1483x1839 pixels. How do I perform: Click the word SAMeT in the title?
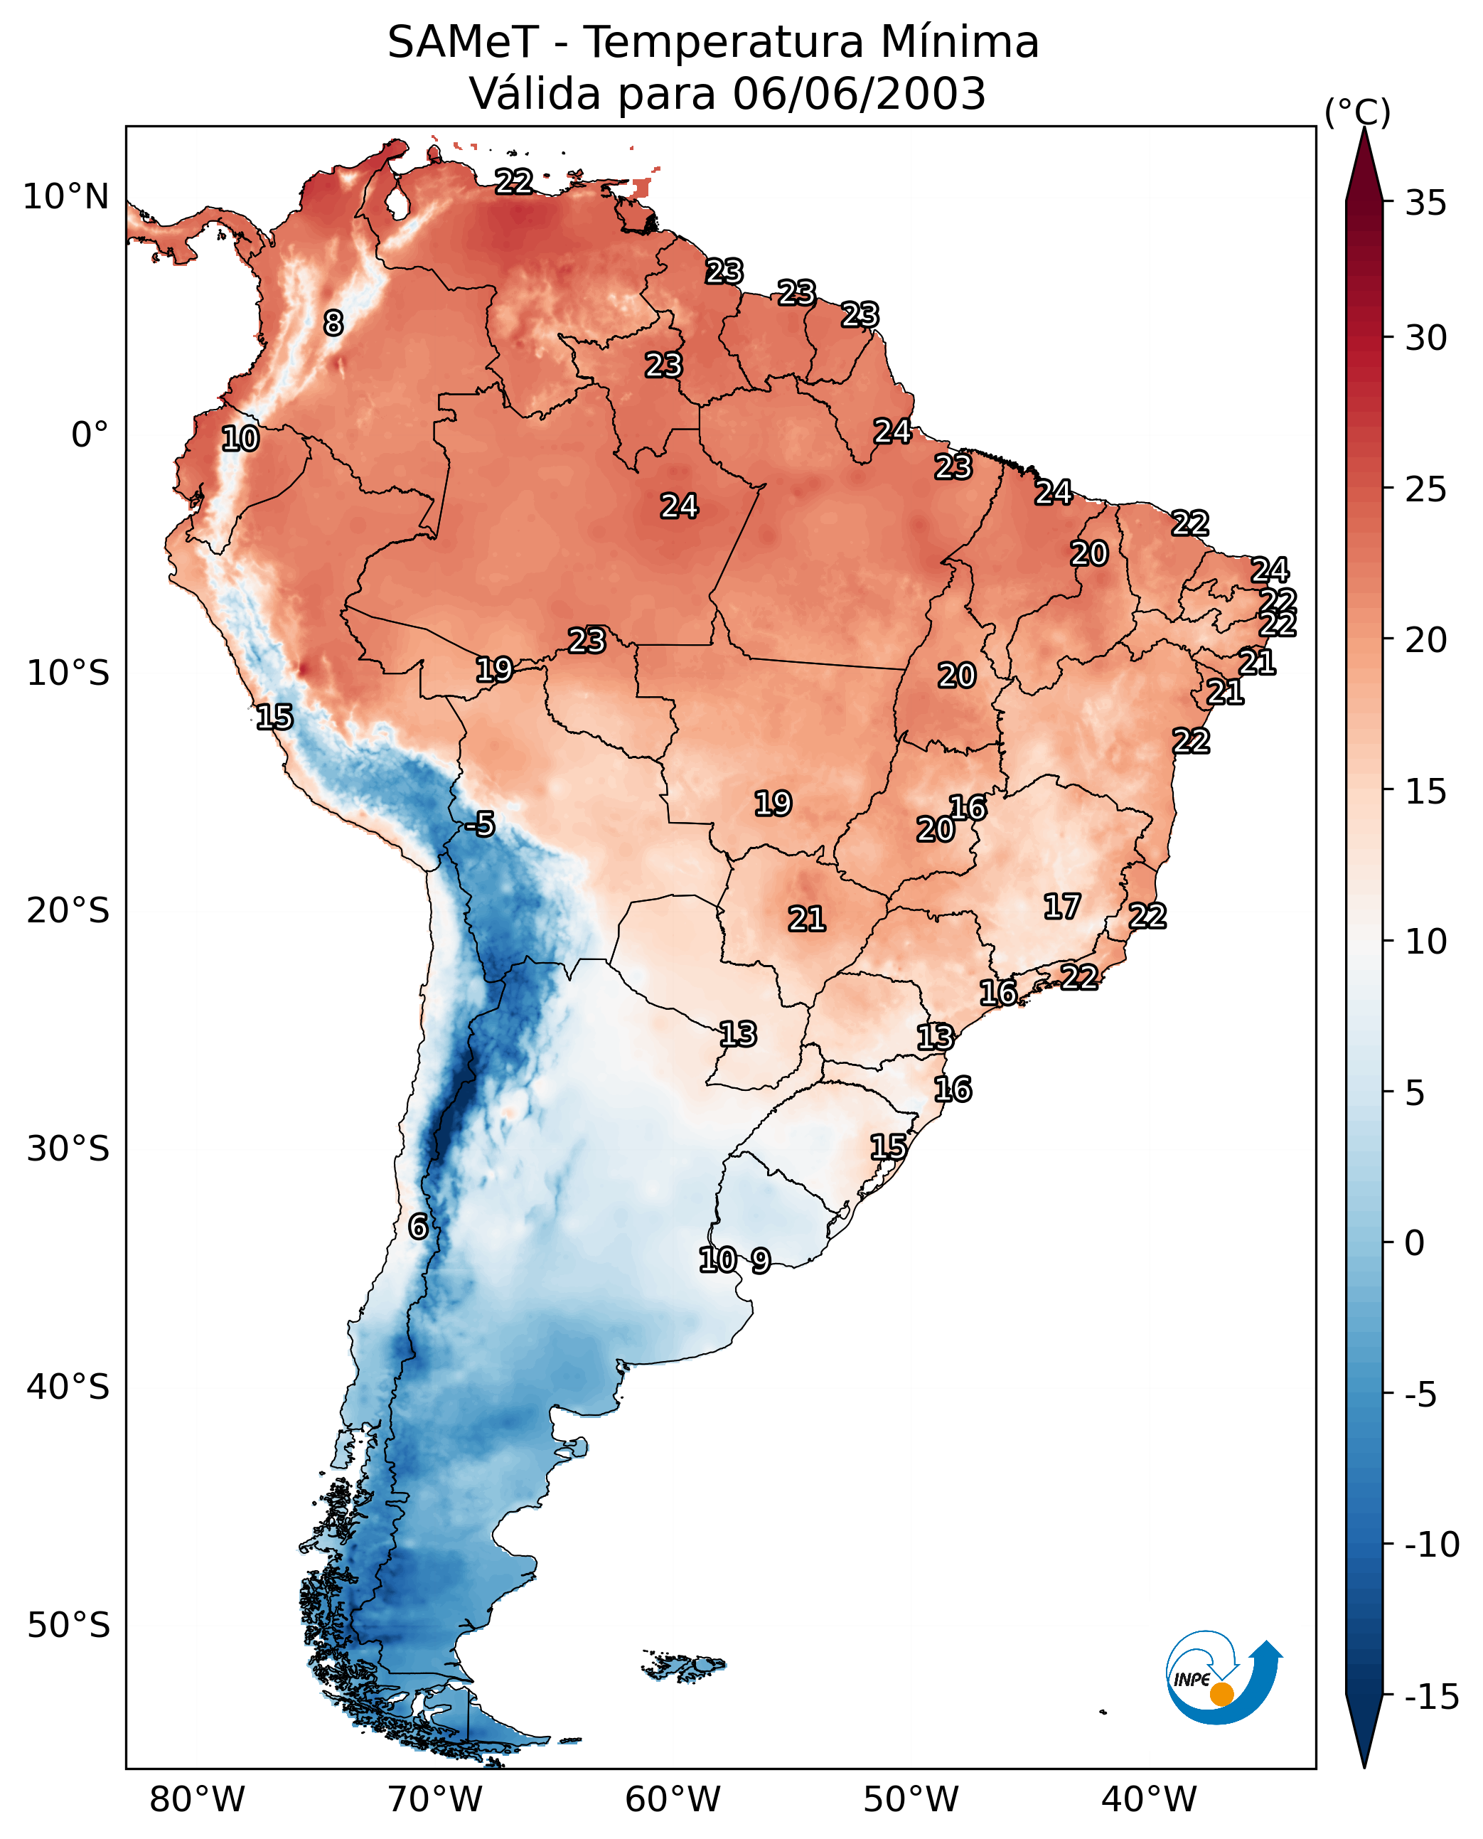[x=463, y=42]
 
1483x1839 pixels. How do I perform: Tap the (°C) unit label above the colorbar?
[x=1357, y=113]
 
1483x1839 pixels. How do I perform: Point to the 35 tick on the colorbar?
[x=1425, y=203]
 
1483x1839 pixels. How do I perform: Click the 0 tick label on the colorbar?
[x=1415, y=1243]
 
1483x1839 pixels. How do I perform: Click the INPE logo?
[x=1224, y=1678]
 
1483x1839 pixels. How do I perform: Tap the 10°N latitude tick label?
[x=66, y=198]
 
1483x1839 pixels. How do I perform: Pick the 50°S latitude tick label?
[x=68, y=1624]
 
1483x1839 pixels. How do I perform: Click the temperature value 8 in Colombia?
[x=333, y=323]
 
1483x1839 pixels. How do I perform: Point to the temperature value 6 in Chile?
[x=418, y=1226]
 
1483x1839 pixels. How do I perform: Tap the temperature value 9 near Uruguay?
[x=760, y=1260]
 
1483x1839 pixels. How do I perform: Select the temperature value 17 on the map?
[x=1062, y=907]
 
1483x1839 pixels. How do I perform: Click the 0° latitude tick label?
[x=90, y=435]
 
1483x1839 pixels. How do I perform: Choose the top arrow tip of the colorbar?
[x=1364, y=127]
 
